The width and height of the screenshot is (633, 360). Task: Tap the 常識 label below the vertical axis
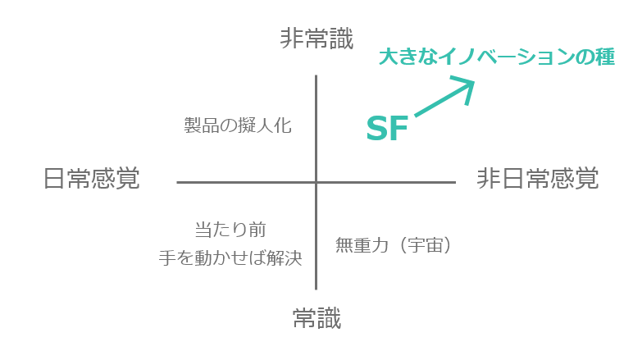[x=316, y=317]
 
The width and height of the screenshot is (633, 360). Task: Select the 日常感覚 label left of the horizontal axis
[x=91, y=179]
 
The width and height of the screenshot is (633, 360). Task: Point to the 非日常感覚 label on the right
[x=538, y=179]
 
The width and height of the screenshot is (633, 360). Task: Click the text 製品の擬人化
[x=238, y=125]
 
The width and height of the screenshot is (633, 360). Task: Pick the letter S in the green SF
[x=376, y=130]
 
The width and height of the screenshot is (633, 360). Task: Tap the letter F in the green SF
[x=398, y=130]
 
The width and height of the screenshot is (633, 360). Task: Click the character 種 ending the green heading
[x=604, y=58]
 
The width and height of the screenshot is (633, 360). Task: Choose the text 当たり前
[x=230, y=230]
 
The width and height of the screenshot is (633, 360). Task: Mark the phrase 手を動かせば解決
[x=230, y=258]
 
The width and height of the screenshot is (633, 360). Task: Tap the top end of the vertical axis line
[x=316, y=76]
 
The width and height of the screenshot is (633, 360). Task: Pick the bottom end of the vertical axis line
[x=316, y=289]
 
